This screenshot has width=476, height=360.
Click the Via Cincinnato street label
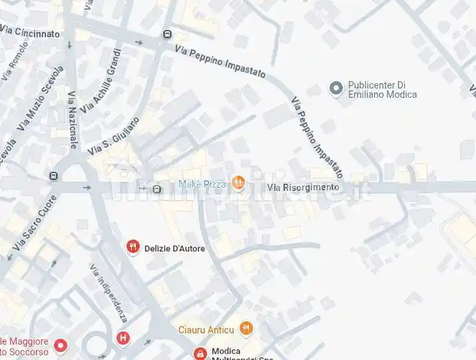(x=30, y=32)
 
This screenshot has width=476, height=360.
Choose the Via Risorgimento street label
(x=303, y=188)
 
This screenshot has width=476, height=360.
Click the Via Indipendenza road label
(x=107, y=293)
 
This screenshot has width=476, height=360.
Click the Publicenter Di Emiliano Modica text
(x=382, y=90)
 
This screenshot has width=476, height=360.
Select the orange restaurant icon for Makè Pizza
(x=238, y=184)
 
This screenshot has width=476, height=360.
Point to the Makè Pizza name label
(x=202, y=184)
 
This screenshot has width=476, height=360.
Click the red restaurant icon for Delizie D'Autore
(x=133, y=248)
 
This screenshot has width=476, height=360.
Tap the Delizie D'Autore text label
(x=174, y=249)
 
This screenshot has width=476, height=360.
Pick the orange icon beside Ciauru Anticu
(x=246, y=328)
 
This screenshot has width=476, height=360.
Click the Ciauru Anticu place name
(x=206, y=329)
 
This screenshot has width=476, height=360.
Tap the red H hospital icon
(x=122, y=337)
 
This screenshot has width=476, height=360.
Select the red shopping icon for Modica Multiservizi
(x=199, y=353)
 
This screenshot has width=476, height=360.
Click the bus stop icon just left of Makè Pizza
(x=157, y=188)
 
